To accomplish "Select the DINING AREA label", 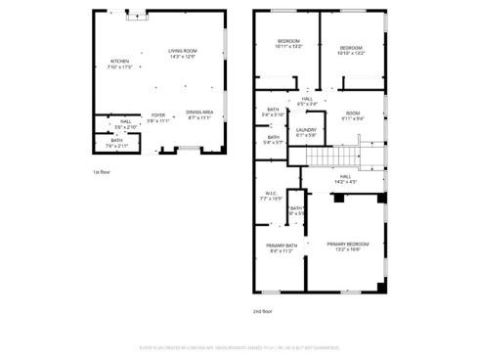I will click(x=199, y=113).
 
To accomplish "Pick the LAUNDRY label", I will click(x=305, y=131).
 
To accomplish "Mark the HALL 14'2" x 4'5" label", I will click(x=347, y=179).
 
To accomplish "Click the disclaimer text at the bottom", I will click(x=239, y=346).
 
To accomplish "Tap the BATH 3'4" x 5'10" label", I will click(x=274, y=112).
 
